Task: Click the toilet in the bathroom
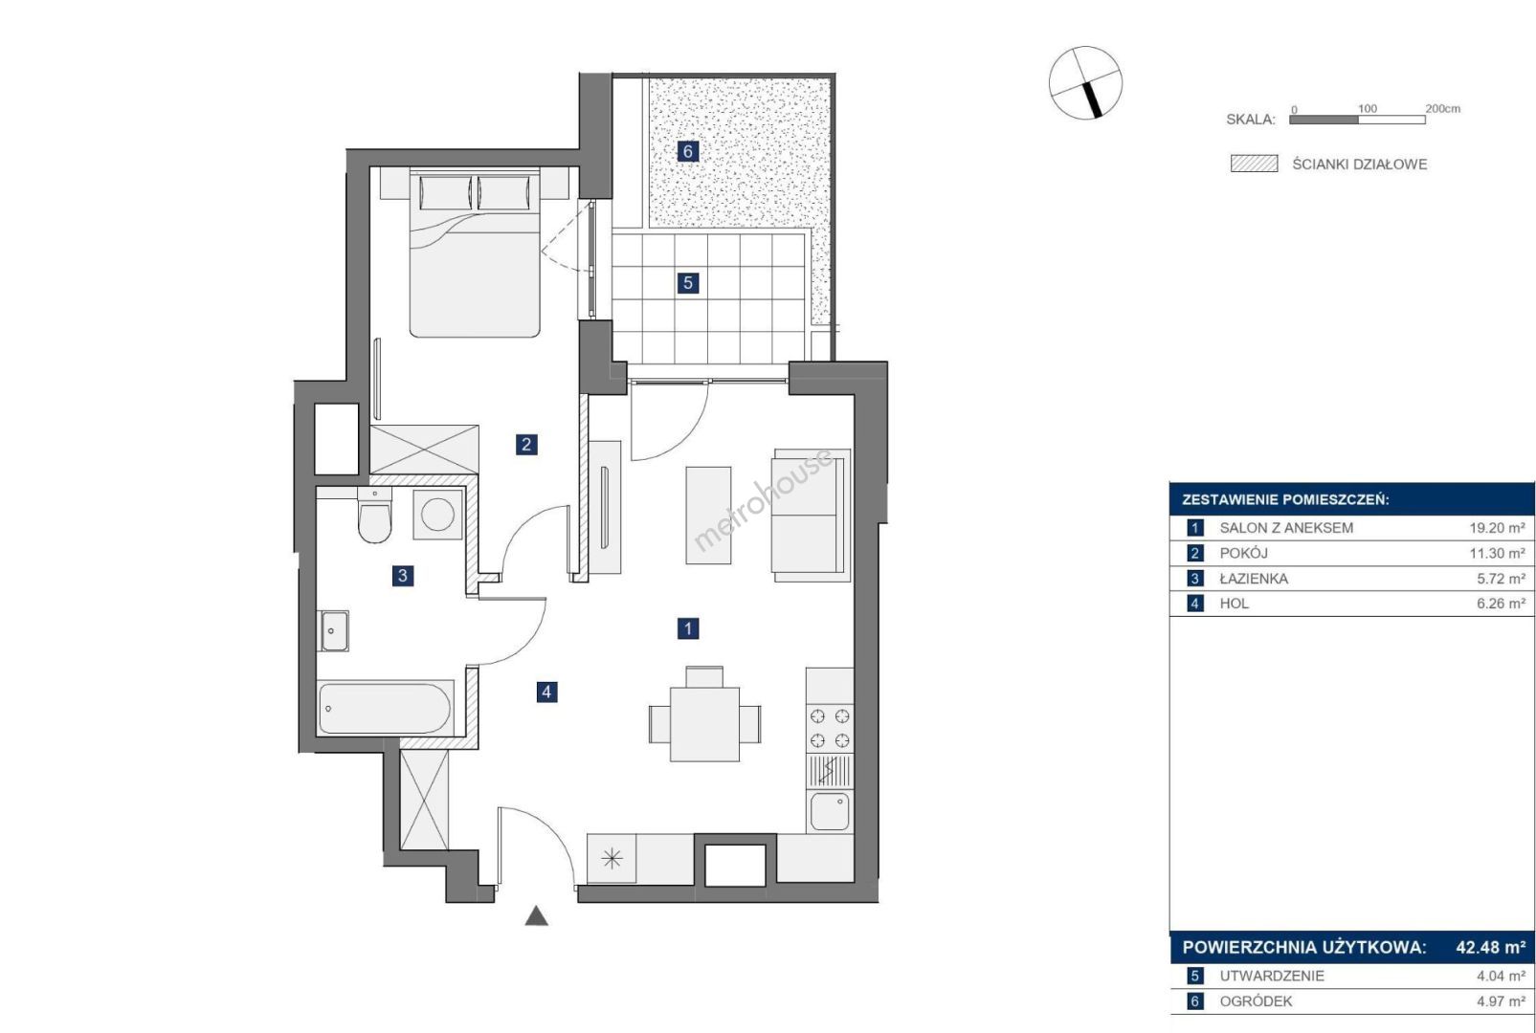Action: pos(374,515)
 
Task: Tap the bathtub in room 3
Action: pos(385,708)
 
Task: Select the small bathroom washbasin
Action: pos(335,630)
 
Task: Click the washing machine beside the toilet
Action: pos(437,514)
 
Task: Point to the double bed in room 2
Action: pos(475,253)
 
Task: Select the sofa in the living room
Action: pos(812,516)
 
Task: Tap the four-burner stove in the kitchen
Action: pos(830,728)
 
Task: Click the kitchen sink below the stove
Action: pos(830,812)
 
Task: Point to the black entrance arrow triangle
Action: pos(536,916)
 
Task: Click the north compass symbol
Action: pos(1085,83)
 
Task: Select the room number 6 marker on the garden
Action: pos(688,151)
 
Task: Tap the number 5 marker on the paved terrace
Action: pos(688,283)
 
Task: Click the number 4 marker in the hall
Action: pos(546,692)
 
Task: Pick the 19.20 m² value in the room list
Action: pos(1497,528)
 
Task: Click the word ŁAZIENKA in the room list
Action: pos(1254,579)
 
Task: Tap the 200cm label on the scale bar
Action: pos(1443,108)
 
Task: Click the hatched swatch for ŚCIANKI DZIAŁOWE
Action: pos(1255,164)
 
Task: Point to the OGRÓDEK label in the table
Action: pos(1256,1000)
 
